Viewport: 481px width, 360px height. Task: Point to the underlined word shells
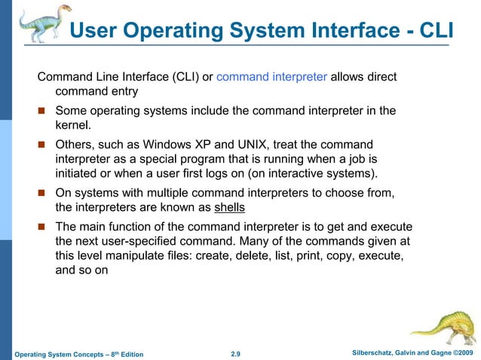coord(230,207)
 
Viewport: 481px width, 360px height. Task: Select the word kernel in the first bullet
coord(72,126)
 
